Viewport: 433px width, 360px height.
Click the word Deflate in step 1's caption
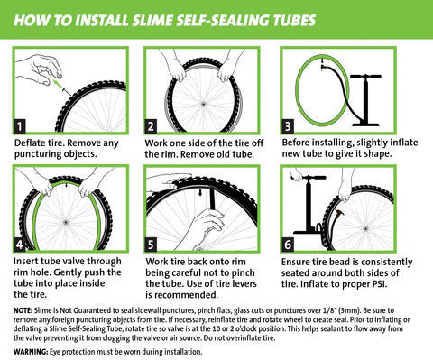tap(32, 143)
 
